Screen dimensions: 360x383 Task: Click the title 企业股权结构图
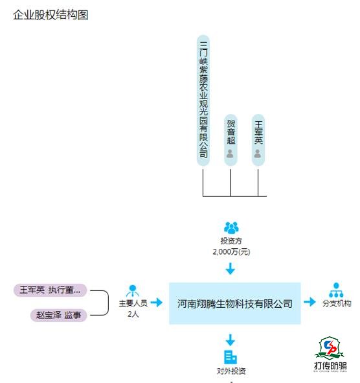[51, 15]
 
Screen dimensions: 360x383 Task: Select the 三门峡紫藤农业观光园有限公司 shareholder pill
[203, 100]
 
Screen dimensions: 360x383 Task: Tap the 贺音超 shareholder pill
[231, 140]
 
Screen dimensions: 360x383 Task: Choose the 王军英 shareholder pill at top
[258, 140]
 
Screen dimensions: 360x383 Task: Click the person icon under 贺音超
[230, 154]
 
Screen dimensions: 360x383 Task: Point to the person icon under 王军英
[258, 154]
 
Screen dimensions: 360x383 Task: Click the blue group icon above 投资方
[231, 227]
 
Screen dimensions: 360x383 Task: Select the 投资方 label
[231, 241]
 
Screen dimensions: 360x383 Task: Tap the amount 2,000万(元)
[231, 251]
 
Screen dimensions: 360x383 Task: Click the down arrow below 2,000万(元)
[231, 268]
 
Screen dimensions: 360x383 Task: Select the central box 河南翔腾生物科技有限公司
[235, 303]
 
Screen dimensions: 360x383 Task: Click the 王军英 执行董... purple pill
[50, 290]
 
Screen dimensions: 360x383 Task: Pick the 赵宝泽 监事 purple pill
[58, 315]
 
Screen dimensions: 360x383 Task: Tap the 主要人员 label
[133, 303]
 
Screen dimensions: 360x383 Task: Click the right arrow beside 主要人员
[157, 303]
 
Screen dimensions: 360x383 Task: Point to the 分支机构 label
[337, 303]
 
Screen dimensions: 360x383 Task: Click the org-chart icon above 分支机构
[336, 290]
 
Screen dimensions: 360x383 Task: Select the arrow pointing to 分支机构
[309, 301]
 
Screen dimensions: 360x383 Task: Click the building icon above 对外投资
[231, 357]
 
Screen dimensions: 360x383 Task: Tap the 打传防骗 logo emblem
[330, 348]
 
